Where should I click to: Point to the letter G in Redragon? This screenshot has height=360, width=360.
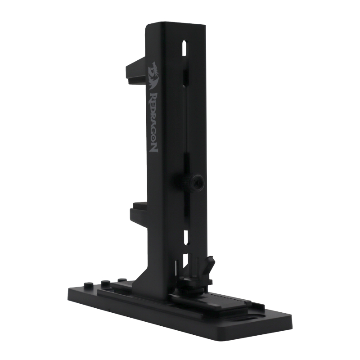point(153,131)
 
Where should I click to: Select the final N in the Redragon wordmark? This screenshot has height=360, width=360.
point(153,147)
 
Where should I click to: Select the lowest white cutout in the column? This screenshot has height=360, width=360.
point(185,261)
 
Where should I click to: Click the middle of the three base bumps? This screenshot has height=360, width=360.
point(106,283)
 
